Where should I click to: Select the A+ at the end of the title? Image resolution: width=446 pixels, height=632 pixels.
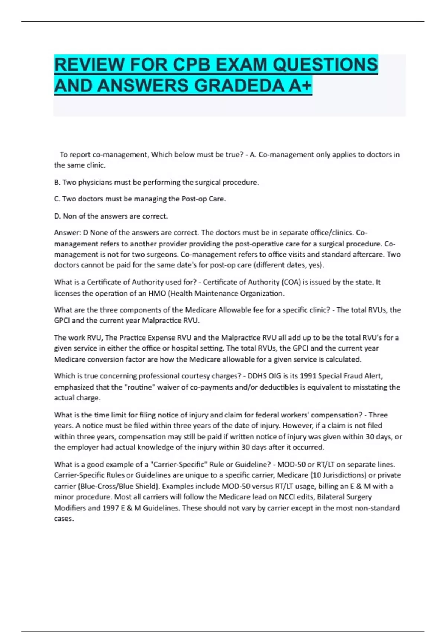point(300,86)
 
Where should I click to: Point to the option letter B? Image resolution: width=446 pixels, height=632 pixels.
point(57,182)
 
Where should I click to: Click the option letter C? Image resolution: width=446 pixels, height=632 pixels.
point(57,199)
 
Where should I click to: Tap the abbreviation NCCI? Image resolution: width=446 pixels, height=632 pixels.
point(287,497)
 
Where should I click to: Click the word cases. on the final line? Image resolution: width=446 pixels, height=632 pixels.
point(64,519)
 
